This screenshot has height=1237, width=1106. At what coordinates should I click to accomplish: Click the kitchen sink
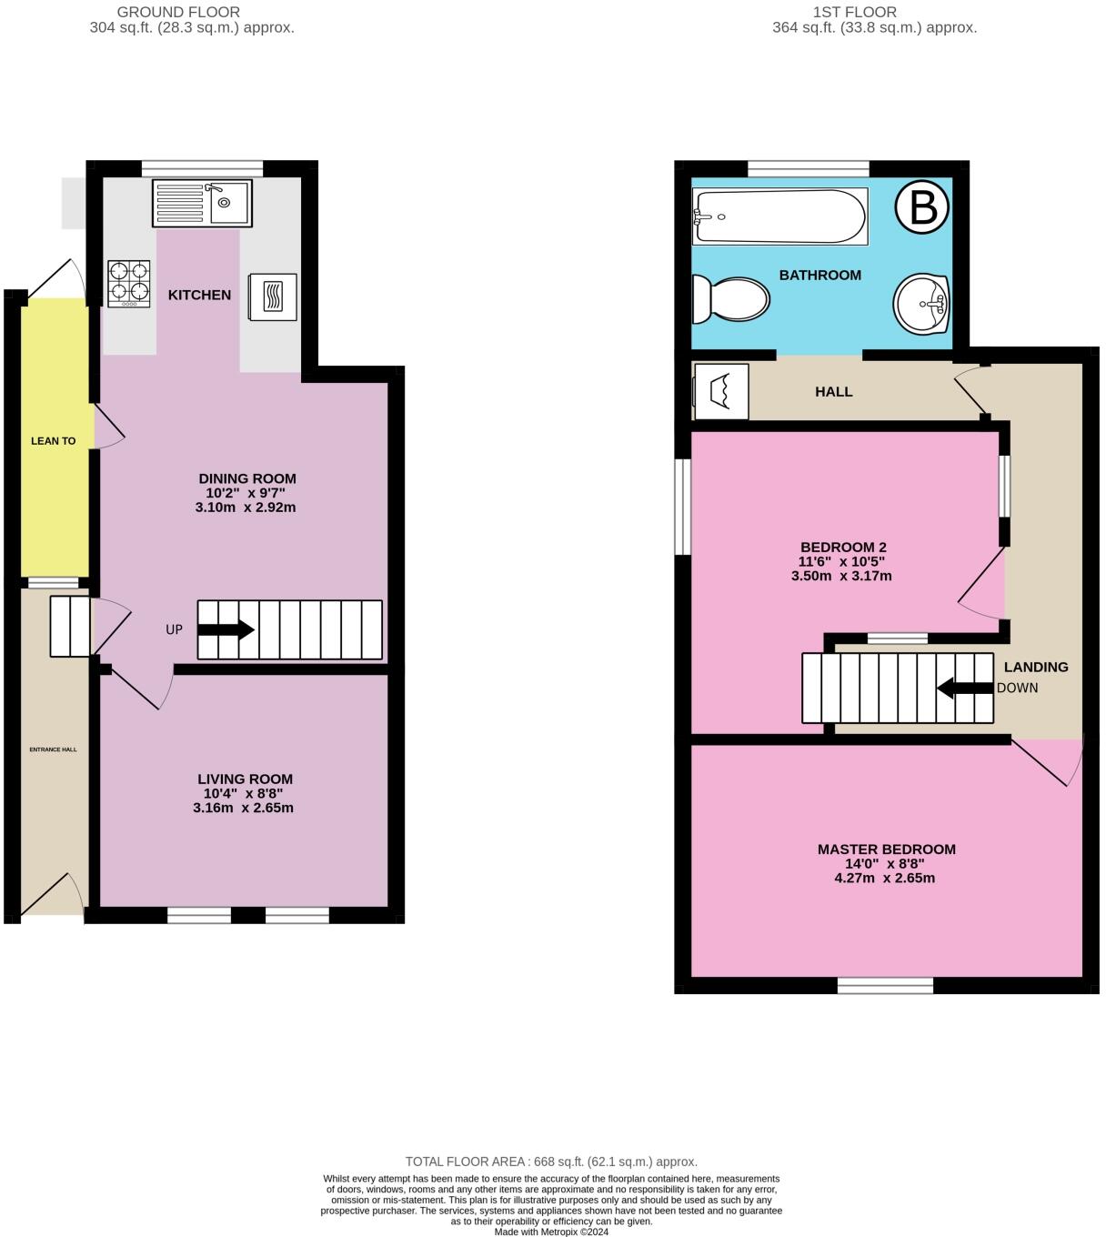(202, 203)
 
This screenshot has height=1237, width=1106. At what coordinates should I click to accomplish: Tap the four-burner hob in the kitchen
(129, 284)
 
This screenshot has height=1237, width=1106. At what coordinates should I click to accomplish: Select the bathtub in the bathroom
(779, 216)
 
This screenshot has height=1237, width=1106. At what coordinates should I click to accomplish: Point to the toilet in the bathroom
(730, 299)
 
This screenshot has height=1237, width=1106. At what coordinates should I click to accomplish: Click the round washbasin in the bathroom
(921, 304)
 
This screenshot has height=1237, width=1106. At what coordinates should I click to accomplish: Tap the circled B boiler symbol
(921, 207)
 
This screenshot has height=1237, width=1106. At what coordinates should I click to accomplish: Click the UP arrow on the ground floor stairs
(226, 629)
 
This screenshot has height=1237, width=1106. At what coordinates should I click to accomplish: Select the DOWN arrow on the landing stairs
(965, 689)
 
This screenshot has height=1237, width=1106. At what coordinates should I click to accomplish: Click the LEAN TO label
(53, 441)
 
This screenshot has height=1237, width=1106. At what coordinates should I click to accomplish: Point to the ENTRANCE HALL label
(53, 749)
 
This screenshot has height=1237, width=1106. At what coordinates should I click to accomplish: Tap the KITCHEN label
(200, 295)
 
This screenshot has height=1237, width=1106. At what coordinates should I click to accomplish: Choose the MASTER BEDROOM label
(886, 850)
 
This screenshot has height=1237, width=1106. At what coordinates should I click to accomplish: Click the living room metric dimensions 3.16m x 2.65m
(243, 808)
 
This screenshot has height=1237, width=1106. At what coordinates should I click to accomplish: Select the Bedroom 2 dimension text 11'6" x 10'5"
(841, 561)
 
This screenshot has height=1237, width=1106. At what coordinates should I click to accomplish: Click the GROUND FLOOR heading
(178, 12)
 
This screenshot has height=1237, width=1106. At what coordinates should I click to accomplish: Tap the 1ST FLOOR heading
(854, 12)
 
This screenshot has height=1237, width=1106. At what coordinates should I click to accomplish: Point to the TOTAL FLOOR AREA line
(551, 1162)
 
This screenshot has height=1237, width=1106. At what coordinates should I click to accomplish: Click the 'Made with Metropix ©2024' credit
(551, 1232)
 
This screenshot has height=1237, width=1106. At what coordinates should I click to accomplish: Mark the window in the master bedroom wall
(885, 985)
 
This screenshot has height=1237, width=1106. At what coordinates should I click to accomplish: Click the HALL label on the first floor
(834, 392)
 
